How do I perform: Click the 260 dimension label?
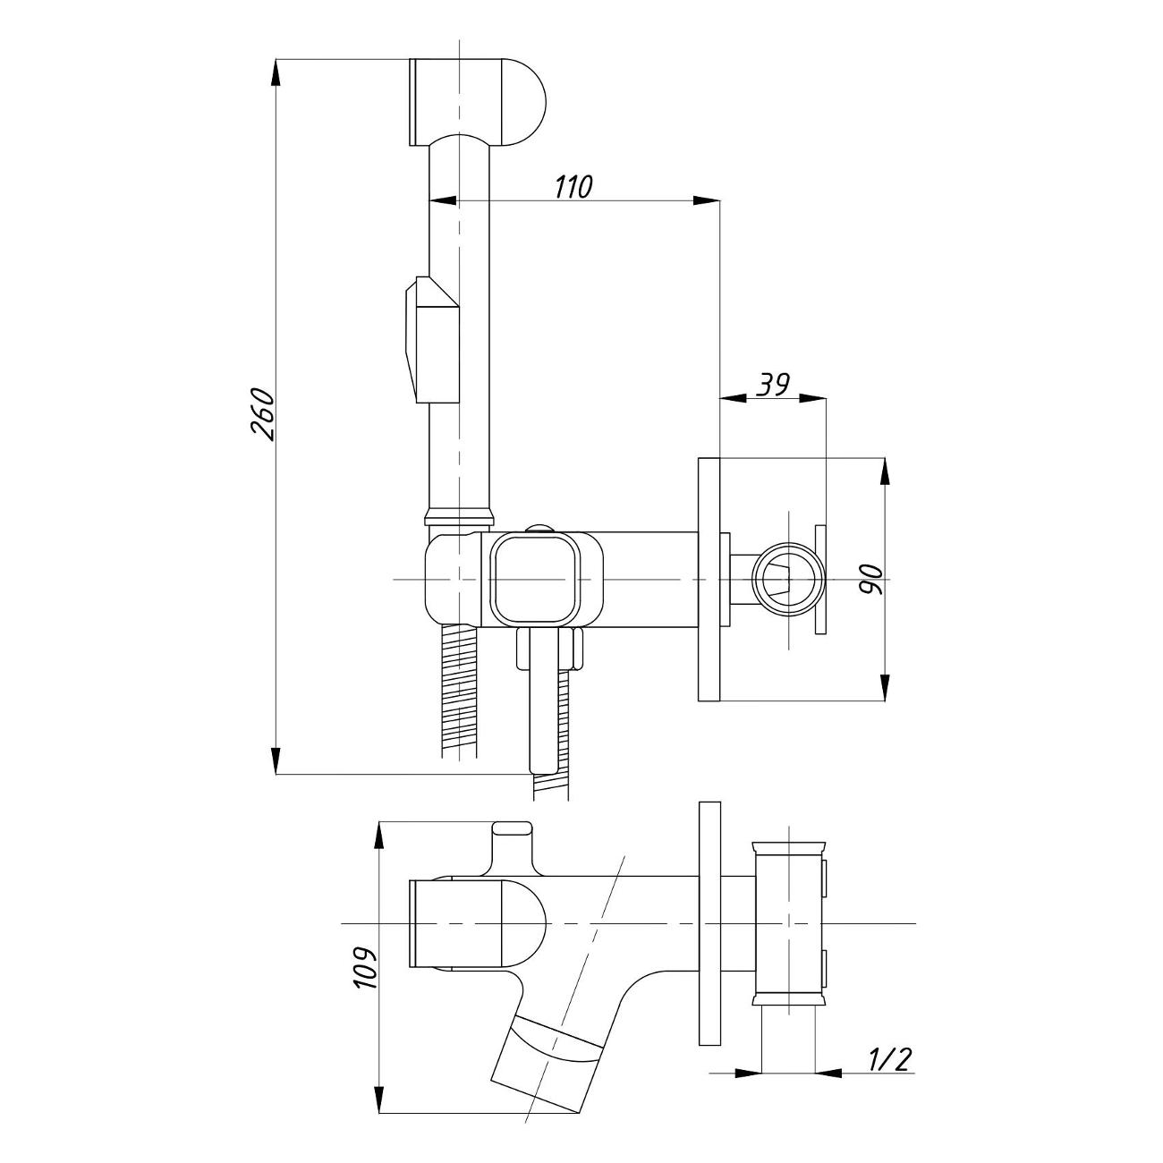tap(262, 414)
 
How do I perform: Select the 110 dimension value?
tap(573, 187)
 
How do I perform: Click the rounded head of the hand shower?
tap(477, 102)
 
